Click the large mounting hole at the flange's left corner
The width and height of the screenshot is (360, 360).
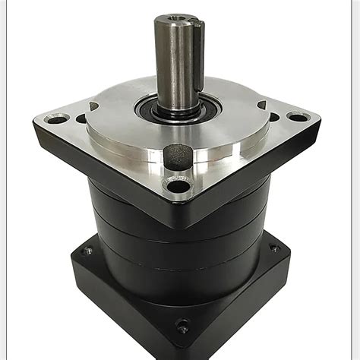pyautogui.click(x=55, y=119)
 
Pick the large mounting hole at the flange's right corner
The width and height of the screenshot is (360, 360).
pyautogui.click(x=298, y=117)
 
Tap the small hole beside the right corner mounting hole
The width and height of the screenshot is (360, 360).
pyautogui.click(x=273, y=117)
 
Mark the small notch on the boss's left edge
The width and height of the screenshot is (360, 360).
pyautogui.click(x=93, y=106)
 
